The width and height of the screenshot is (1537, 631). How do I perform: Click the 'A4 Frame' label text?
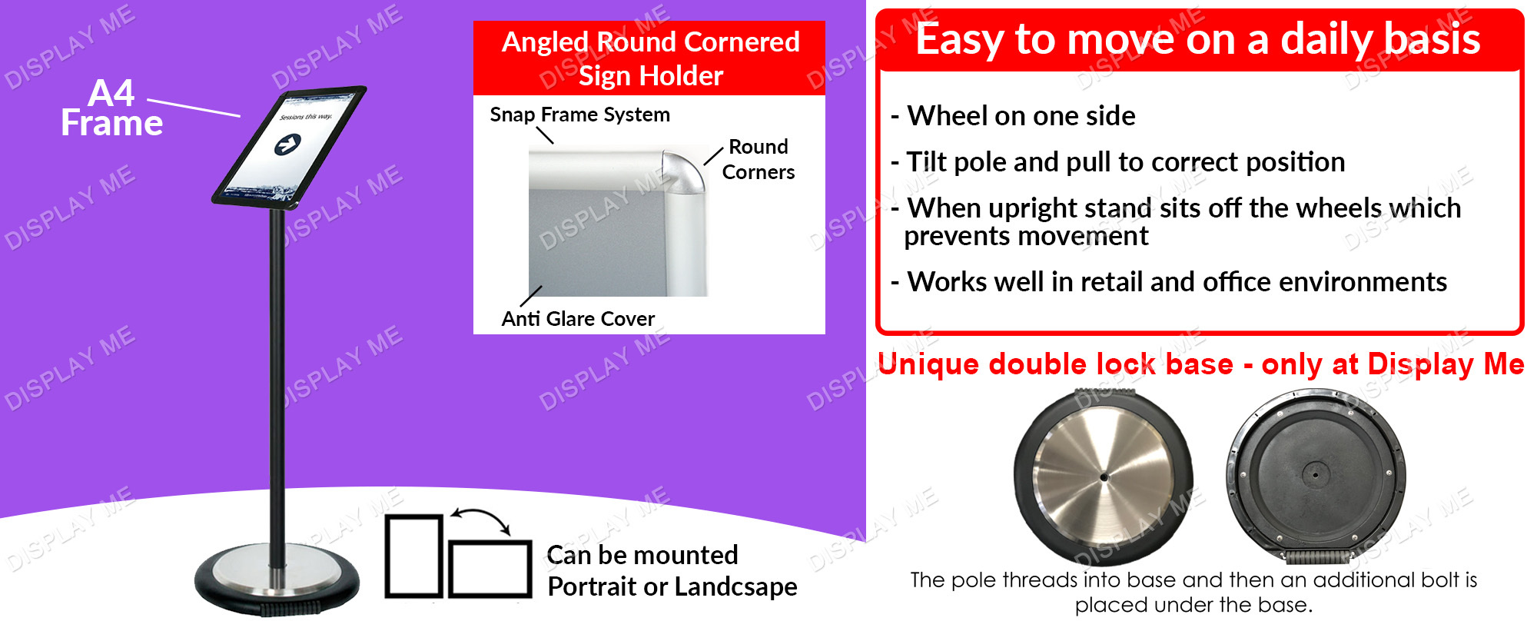tap(112, 108)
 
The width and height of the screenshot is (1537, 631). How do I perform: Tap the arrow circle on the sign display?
tap(287, 144)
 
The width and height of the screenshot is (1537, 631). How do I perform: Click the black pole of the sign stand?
tap(277, 377)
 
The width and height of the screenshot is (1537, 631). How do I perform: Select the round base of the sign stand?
tap(277, 580)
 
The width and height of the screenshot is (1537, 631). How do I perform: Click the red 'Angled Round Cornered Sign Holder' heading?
tap(650, 58)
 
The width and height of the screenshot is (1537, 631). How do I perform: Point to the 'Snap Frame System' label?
tap(580, 115)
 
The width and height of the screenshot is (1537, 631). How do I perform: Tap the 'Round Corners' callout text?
tap(759, 159)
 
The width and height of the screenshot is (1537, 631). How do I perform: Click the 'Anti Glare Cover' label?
tap(578, 318)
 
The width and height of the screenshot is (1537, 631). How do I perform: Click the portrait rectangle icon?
tap(414, 556)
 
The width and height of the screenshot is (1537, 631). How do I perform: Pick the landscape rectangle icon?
tap(490, 569)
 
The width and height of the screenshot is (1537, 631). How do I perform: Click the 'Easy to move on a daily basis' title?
tap(1198, 38)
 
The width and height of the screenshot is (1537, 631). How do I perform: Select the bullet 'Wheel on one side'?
tap(1013, 116)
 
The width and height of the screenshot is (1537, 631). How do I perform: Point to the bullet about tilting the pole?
tap(1118, 162)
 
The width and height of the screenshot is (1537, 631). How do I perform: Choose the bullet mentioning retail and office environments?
tap(1169, 282)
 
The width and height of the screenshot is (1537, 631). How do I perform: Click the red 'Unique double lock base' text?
tap(1055, 364)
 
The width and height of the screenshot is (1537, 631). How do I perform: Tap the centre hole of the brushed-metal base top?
tap(1104, 477)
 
